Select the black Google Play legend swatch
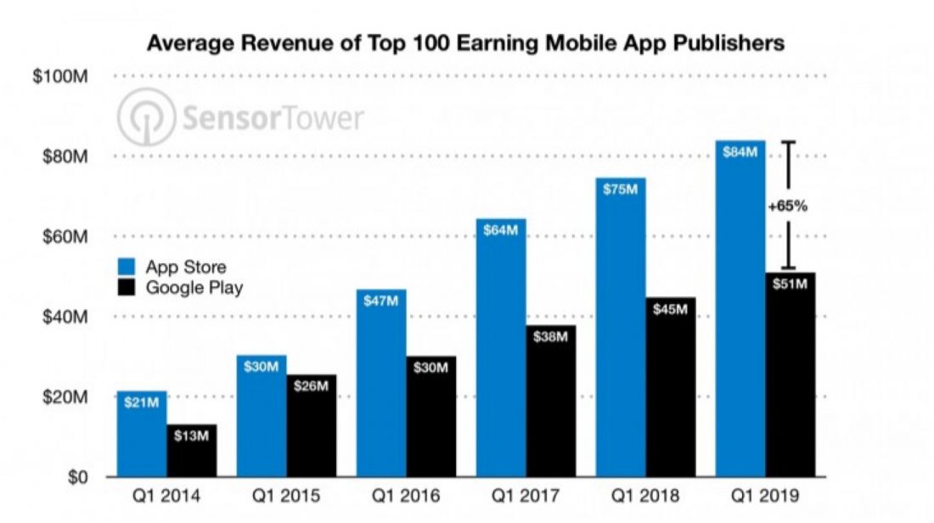tap(129, 287)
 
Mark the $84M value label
tap(740, 152)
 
